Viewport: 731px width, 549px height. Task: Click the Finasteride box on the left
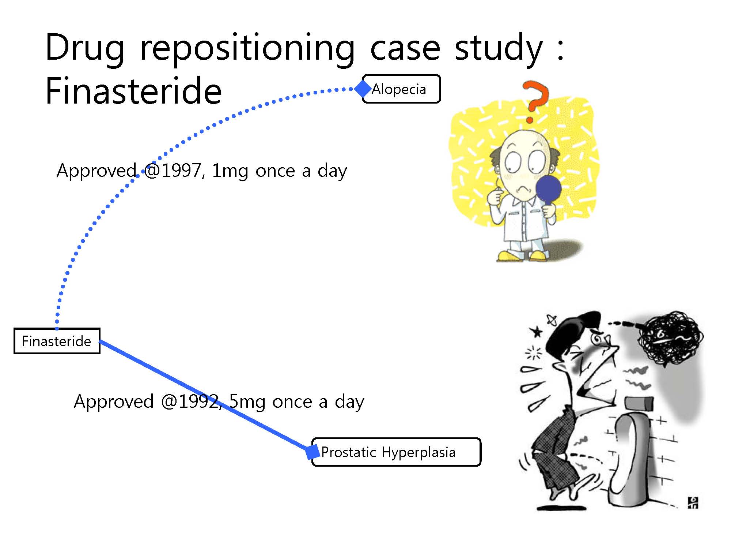57,341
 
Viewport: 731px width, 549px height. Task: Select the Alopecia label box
401,89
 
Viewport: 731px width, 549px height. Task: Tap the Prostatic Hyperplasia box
396,452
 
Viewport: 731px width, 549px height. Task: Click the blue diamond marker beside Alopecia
363,89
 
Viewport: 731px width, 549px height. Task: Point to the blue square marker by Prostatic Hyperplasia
313,452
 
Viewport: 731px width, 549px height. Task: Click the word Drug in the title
85,48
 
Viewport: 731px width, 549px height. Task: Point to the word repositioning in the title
247,49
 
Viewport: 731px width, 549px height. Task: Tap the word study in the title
499,48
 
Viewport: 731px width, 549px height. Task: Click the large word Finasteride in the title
134,90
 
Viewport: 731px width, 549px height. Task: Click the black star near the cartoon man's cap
537,332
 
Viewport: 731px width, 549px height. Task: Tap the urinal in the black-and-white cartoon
629,457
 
